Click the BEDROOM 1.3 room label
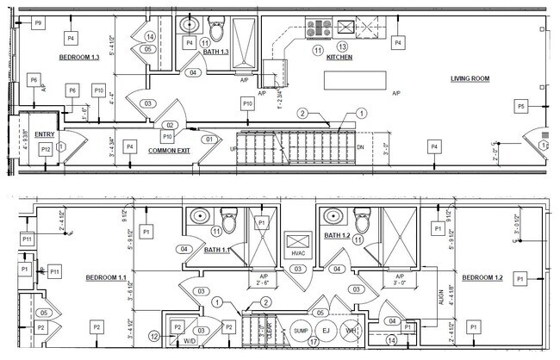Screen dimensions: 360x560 coord(79,58)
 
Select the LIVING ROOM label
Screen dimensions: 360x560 coord(470,79)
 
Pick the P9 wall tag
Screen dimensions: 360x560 coord(37,23)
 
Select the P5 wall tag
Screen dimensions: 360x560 coord(520,106)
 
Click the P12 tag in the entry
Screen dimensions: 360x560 coord(46,149)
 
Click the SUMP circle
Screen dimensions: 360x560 coord(301,330)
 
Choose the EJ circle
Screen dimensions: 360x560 coord(326,330)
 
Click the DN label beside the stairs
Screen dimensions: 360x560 coord(360,147)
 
